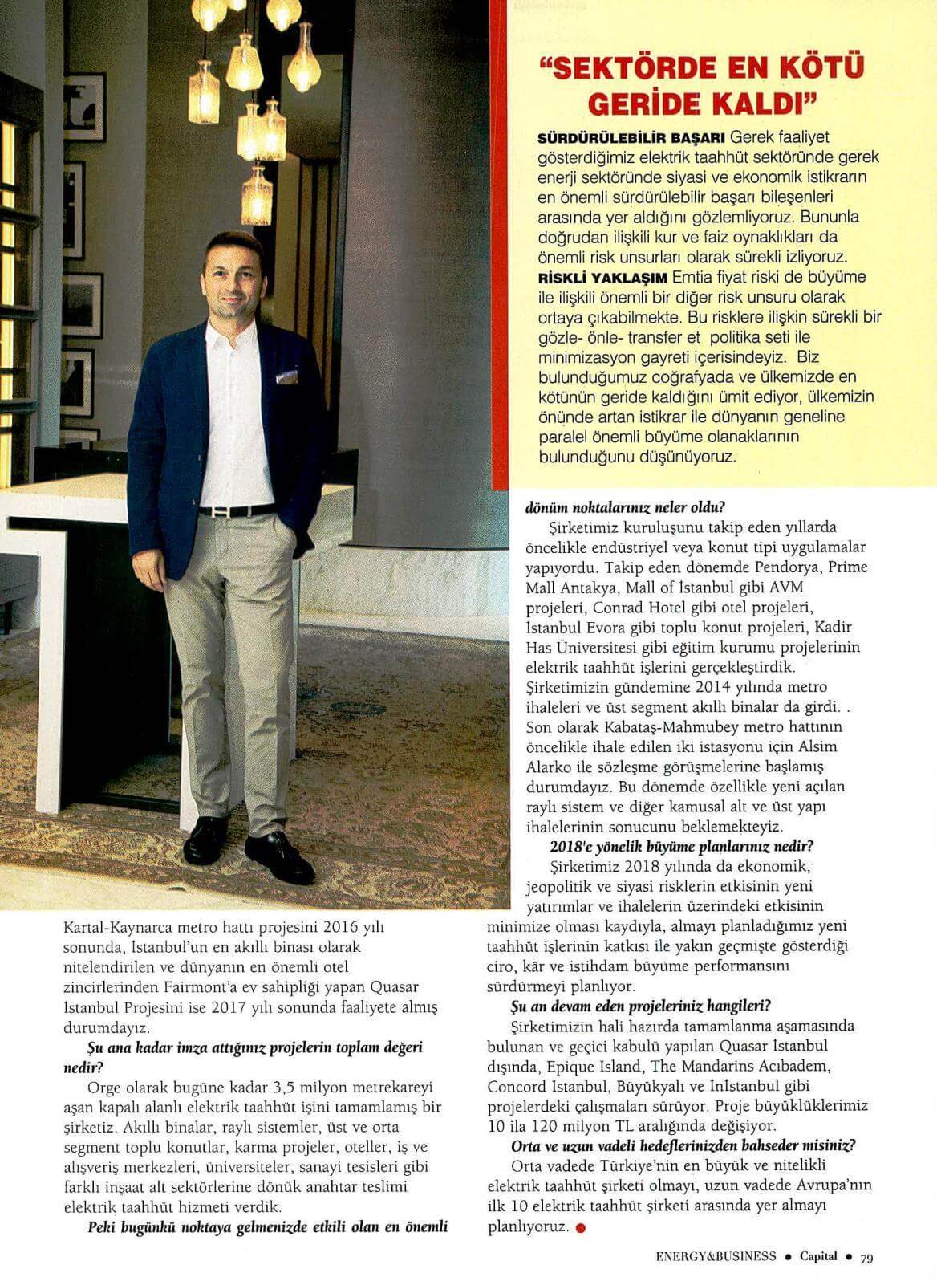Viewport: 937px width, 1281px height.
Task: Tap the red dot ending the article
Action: click(580, 1227)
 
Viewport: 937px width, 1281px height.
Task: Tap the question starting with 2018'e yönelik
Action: click(681, 846)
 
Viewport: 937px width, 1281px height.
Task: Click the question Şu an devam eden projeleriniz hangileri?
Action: click(641, 1006)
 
